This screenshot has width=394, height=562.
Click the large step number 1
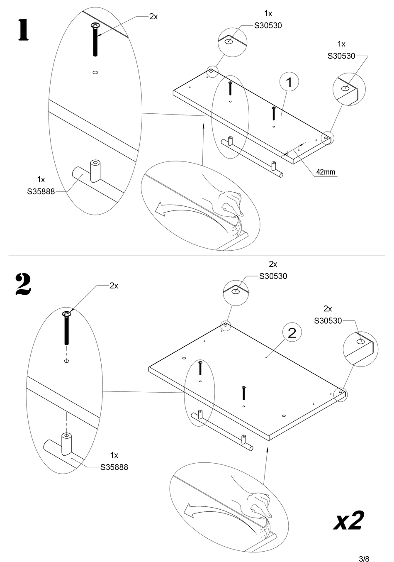pos(23,30)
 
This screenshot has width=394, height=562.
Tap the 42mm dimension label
pos(326,172)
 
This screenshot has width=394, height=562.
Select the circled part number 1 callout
pos(289,82)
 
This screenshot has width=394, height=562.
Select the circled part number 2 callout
pos(292,332)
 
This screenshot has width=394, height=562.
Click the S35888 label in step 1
pos(41,192)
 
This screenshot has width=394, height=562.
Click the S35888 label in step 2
pos(114,467)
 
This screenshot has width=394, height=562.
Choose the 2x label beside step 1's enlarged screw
pos(153,17)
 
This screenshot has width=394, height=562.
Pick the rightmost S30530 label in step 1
pos(341,56)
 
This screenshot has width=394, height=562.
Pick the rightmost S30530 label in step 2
pos(328,320)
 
